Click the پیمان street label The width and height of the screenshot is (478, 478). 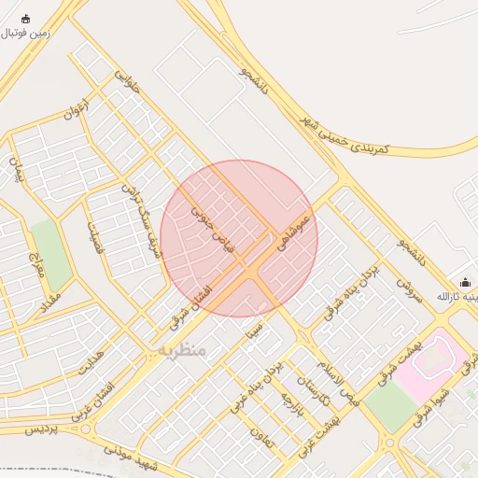pyautogui.click(x=16, y=169)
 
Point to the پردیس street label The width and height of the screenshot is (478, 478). pyautogui.click(x=39, y=427)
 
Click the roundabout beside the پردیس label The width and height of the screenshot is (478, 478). pyautogui.click(x=87, y=430)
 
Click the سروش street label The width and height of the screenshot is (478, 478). pyautogui.click(x=410, y=289)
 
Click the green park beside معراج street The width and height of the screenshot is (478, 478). pyautogui.click(x=51, y=254)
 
